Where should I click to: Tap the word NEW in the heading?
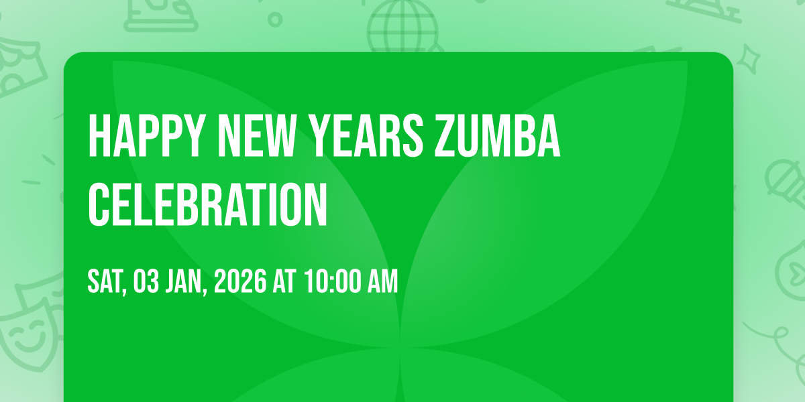pos(256,135)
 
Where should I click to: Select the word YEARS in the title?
pos(366,135)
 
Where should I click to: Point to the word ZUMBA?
pos(498,135)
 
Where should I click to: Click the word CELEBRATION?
pos(208,204)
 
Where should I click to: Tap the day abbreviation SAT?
pos(107,282)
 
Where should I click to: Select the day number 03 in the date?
pos(146,281)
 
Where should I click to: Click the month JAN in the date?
pos(183,281)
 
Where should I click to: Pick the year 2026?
pos(240,281)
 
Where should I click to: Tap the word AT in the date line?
pos(284,281)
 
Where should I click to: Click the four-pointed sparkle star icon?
pos(748,59)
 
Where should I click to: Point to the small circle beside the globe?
pos(275,19)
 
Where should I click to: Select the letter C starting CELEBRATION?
pos(99,204)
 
